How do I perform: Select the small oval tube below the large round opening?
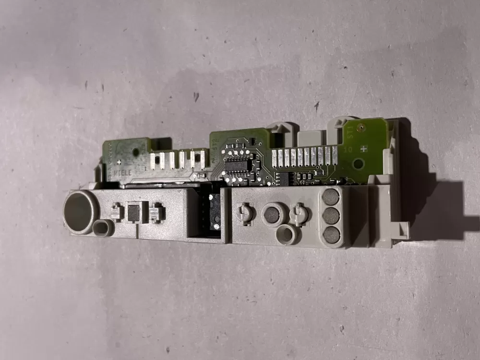[x=102, y=228]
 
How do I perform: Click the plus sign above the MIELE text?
[x=118, y=150]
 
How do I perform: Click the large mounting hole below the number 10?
[x=357, y=164]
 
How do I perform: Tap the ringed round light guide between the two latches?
[x=272, y=215]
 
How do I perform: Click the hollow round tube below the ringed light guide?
[x=287, y=235]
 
